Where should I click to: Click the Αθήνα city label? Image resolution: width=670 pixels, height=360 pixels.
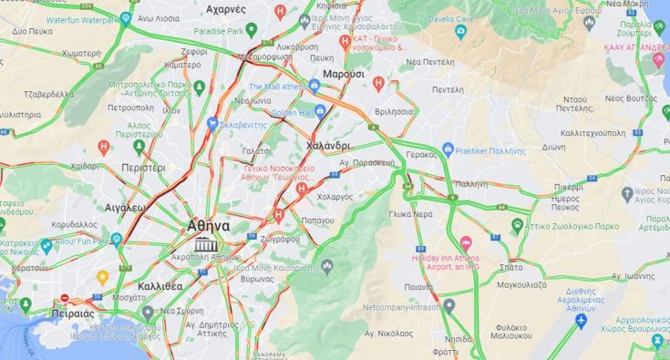[208, 225]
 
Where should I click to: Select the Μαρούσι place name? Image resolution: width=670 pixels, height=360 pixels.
[343, 73]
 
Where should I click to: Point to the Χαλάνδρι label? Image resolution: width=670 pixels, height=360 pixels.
[329, 145]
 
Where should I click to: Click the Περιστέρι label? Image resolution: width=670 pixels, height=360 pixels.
[144, 168]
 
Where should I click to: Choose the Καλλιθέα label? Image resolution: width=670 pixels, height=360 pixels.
[160, 285]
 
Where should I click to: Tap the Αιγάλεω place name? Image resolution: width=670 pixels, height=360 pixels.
[125, 208]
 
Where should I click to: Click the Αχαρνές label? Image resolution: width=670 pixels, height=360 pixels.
[226, 9]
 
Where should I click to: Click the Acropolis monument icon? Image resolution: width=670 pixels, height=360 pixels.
[205, 243]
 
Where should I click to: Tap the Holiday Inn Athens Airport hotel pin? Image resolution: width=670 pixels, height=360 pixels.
[466, 243]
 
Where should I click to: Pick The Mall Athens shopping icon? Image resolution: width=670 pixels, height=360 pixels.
[315, 86]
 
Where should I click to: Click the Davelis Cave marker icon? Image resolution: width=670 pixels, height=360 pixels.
[460, 34]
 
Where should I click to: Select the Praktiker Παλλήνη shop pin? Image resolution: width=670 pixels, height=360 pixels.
[448, 149]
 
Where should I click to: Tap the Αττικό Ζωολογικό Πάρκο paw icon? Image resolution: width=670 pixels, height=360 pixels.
[517, 222]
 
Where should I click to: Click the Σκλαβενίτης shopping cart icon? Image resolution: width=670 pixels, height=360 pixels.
[211, 123]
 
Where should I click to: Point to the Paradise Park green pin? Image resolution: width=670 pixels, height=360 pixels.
[252, 30]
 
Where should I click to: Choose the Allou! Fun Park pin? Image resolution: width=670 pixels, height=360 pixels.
[46, 245]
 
